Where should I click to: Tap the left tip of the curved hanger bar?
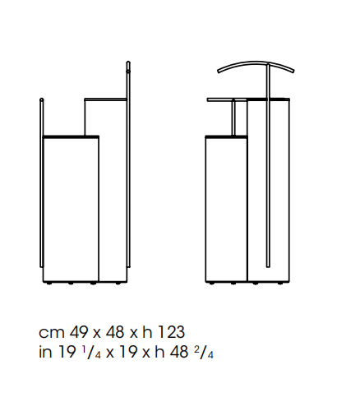(x=219, y=72)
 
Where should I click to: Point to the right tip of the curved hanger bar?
(x=293, y=71)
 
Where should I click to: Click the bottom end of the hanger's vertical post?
(x=268, y=266)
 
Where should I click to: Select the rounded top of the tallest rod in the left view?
(x=128, y=63)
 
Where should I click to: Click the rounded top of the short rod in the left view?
(x=42, y=99)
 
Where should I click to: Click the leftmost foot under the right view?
(x=211, y=284)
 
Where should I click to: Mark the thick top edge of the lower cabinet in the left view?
(x=71, y=136)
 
